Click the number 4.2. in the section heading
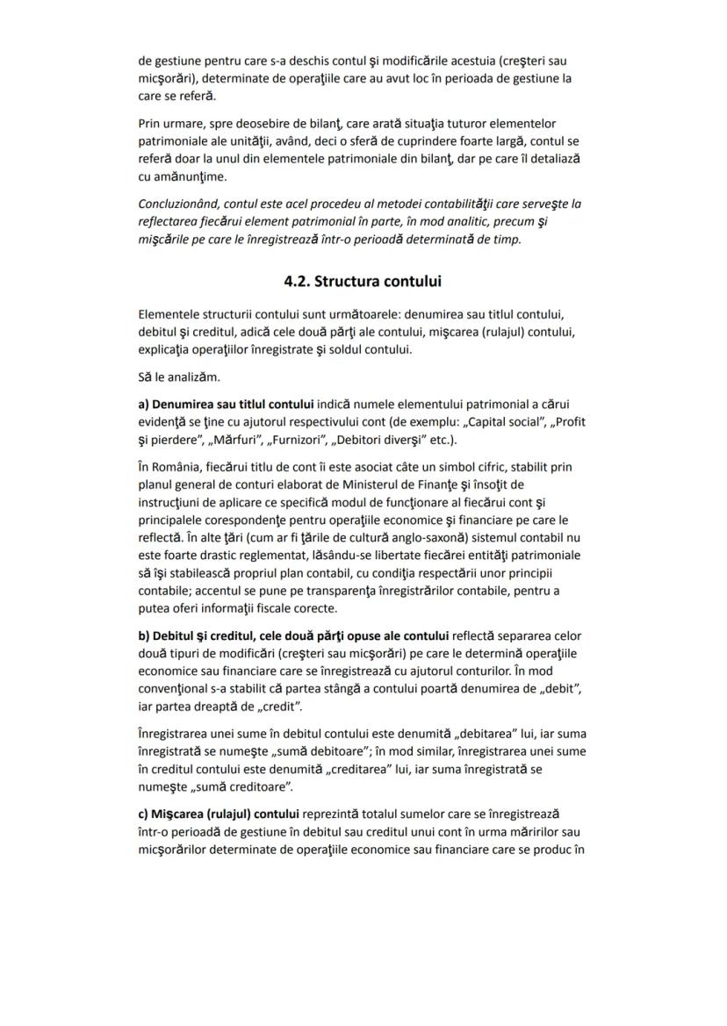coord(297,282)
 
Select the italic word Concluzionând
coord(179,204)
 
